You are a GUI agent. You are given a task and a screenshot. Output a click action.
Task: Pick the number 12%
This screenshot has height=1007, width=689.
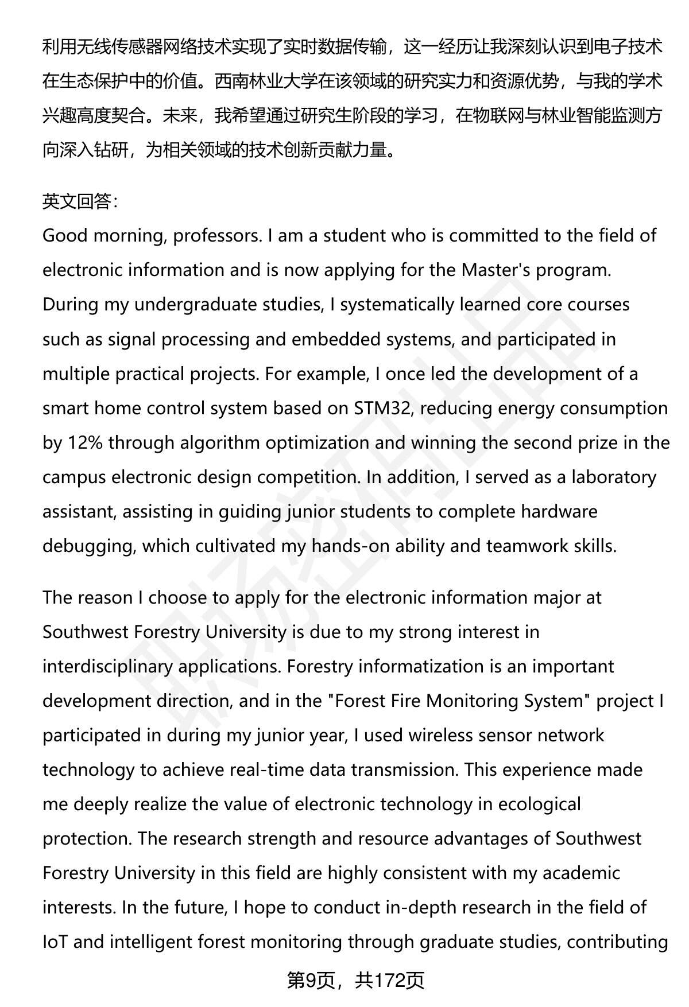(x=86, y=442)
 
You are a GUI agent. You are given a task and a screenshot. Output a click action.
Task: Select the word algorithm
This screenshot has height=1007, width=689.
(x=220, y=442)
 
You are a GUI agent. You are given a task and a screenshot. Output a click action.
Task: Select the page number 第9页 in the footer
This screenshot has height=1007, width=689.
(x=310, y=980)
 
